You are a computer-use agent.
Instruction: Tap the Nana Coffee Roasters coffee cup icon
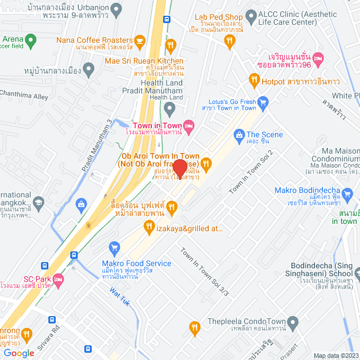coord(140,40)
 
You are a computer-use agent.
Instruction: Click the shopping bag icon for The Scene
coord(239,134)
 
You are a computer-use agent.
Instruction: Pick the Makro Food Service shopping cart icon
coord(115,247)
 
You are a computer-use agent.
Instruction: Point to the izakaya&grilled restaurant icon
coord(149,227)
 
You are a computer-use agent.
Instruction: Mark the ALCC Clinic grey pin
coord(251,16)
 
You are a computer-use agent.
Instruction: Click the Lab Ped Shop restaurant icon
coord(229,39)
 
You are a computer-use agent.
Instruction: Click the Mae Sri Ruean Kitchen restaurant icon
coord(172,44)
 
